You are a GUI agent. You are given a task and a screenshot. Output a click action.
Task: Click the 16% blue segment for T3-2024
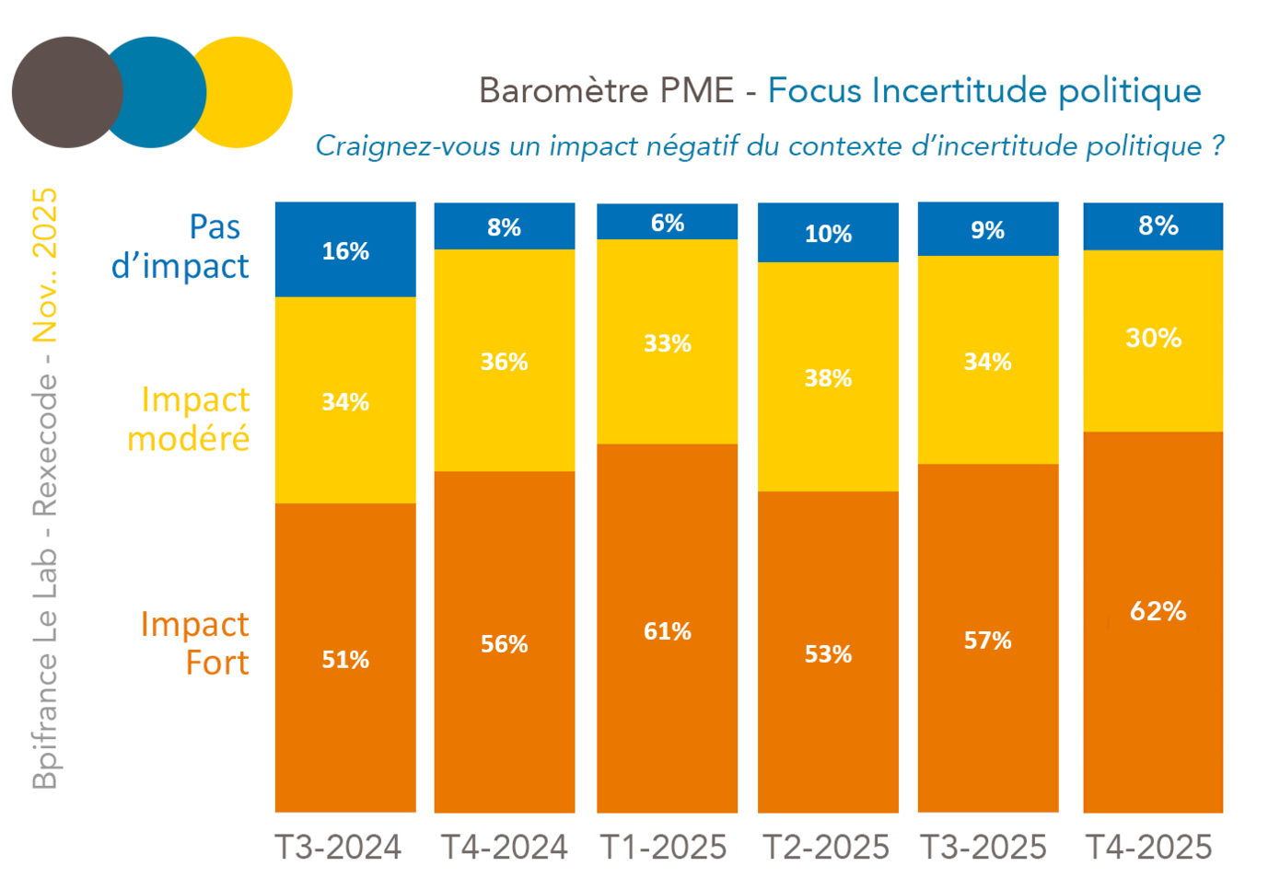coord(345,250)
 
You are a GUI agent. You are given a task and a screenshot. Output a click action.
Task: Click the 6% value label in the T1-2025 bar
coord(667,223)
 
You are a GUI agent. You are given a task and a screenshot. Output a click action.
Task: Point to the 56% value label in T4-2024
coord(505,644)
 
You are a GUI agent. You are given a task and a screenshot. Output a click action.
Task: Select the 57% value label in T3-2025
coord(987,641)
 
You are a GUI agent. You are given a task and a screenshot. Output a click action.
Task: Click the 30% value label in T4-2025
coord(1153,338)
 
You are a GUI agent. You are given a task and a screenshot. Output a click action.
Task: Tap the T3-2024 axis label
coord(338,847)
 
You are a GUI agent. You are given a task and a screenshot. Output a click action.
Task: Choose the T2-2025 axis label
coord(826,847)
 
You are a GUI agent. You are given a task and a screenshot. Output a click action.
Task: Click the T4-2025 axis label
coord(1149,847)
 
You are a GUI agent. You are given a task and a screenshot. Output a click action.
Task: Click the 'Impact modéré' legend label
coord(189,419)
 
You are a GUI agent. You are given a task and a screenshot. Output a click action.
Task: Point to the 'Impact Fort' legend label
coord(194,643)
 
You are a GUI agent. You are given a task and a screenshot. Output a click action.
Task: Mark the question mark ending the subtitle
coord(1217,146)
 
